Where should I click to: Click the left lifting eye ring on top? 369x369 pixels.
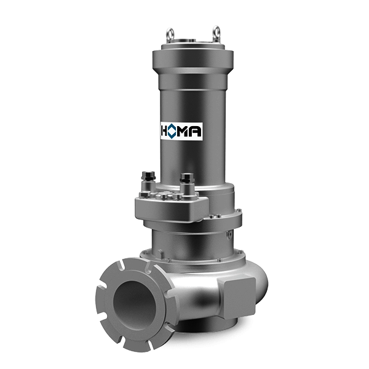point(170,33)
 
